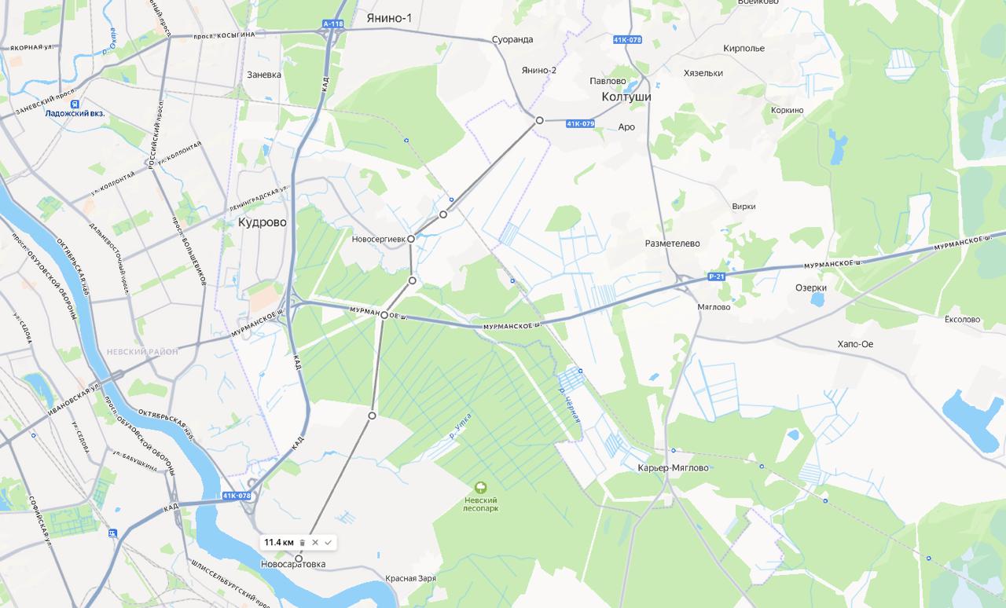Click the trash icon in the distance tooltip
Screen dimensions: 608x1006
(303, 543)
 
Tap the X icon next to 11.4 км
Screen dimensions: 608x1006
(315, 543)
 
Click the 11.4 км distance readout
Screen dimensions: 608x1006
(278, 543)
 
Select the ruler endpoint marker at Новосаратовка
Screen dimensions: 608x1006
(299, 559)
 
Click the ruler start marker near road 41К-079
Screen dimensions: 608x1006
(539, 120)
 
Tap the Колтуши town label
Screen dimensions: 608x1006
(626, 97)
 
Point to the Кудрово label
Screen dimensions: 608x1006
(263, 222)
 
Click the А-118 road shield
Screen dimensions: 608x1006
(333, 24)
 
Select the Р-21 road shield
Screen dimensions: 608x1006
(716, 277)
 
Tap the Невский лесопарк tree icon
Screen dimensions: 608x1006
(481, 488)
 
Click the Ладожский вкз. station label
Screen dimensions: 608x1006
(75, 114)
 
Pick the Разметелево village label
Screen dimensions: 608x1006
(672, 244)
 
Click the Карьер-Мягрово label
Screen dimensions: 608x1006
(673, 468)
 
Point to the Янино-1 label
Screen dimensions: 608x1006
(388, 18)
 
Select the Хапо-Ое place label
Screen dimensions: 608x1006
(855, 344)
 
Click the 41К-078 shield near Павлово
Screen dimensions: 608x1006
(627, 39)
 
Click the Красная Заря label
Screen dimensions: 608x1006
(410, 578)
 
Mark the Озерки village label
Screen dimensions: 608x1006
(810, 288)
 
